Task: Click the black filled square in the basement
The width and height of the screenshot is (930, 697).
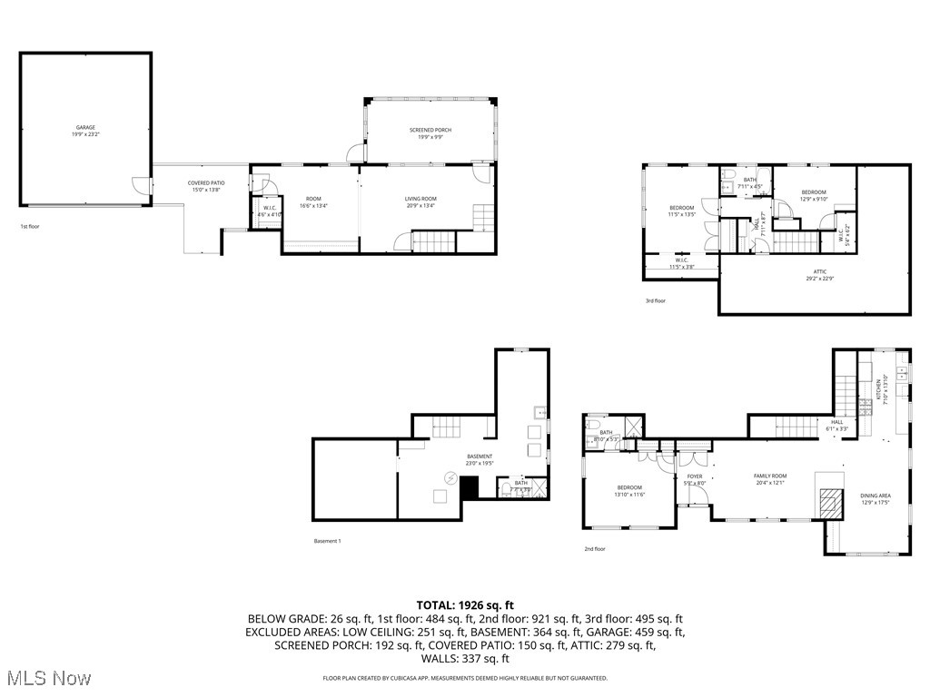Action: (x=470, y=487)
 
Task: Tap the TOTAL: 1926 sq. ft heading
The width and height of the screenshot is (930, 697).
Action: (x=465, y=604)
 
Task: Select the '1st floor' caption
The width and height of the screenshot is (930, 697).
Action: (x=30, y=227)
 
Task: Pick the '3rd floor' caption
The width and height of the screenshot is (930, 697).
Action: (x=655, y=300)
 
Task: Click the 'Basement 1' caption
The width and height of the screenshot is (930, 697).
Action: (x=327, y=542)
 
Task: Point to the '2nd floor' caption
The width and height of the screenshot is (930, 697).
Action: (x=595, y=549)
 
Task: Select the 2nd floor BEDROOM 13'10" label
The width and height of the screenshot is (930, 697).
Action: (x=628, y=490)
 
